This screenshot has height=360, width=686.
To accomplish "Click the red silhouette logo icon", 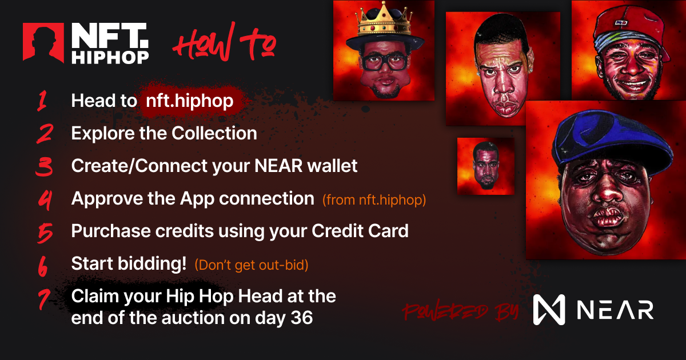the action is [43, 43].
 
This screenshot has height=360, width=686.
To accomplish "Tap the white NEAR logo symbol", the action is [549, 310].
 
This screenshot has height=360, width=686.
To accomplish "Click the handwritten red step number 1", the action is [42, 101].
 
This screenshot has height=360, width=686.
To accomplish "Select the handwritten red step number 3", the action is [44, 166].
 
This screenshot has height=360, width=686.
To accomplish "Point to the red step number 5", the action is [45, 233].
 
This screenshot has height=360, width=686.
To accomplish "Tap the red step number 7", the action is [44, 299].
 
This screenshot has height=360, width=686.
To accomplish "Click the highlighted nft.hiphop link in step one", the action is [190, 101].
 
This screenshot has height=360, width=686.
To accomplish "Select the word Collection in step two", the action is [214, 133].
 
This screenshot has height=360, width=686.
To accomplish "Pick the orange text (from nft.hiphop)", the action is [374, 200].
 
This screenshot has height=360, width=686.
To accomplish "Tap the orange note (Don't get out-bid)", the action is [252, 265].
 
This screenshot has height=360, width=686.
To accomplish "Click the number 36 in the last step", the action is [302, 318].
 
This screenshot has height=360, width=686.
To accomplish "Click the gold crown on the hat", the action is [384, 20].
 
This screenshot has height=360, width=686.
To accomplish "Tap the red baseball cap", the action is [631, 31].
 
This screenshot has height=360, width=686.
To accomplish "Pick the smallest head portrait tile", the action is [486, 166].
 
